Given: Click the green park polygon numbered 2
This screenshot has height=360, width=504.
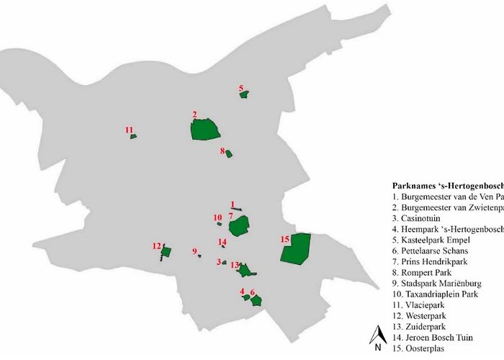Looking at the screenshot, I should click(x=205, y=130).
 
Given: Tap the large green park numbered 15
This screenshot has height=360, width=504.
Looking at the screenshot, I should click(x=295, y=249).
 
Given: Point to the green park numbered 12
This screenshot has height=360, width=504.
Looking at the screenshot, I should click(x=166, y=252).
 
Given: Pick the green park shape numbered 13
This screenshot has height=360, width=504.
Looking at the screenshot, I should click(x=245, y=271).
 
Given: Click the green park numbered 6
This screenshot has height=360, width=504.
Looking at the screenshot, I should click(x=255, y=300).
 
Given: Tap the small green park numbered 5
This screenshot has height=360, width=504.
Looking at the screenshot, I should click(x=244, y=95).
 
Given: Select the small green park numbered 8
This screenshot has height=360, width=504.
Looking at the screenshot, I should click(x=229, y=154).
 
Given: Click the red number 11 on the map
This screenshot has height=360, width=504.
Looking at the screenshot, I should click(x=129, y=130).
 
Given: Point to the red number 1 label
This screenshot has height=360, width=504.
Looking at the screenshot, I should click(x=233, y=204).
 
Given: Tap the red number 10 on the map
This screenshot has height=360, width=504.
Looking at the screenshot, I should click(x=217, y=217).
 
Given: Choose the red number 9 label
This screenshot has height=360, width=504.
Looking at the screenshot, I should click(x=194, y=251).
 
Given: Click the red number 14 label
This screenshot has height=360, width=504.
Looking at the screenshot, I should click(x=222, y=242).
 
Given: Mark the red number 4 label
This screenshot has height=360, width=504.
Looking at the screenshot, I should click(x=243, y=291).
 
